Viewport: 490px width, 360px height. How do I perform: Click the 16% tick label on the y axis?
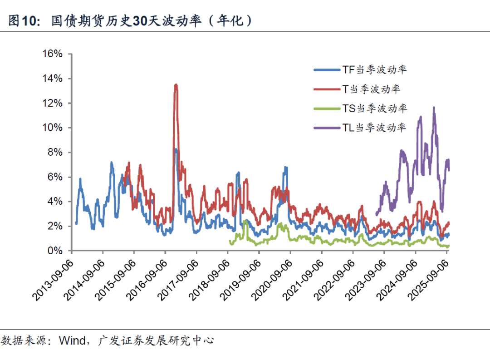pos(52,54)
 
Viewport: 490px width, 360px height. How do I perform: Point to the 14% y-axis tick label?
pos(52,79)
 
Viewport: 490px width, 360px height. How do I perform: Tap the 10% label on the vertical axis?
pos(52,128)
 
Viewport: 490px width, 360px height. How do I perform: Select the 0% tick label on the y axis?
pos(55,250)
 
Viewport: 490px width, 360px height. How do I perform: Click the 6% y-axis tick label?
pos(55,177)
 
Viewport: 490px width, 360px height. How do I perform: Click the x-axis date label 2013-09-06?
pos(53,278)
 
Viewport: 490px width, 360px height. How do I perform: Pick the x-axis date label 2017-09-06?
pos(178,278)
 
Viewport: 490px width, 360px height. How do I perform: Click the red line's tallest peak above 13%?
pos(176,85)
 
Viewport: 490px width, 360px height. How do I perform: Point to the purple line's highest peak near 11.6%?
pos(434,108)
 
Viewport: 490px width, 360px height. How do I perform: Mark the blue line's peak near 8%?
pos(176,149)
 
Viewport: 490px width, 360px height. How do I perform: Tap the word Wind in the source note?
pos(72,340)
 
